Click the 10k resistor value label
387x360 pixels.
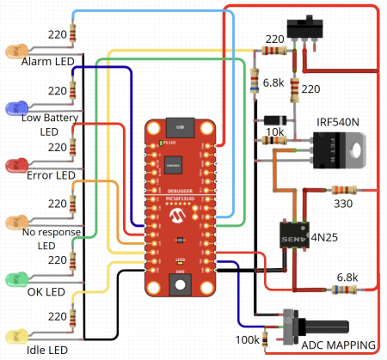(x=274, y=131)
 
